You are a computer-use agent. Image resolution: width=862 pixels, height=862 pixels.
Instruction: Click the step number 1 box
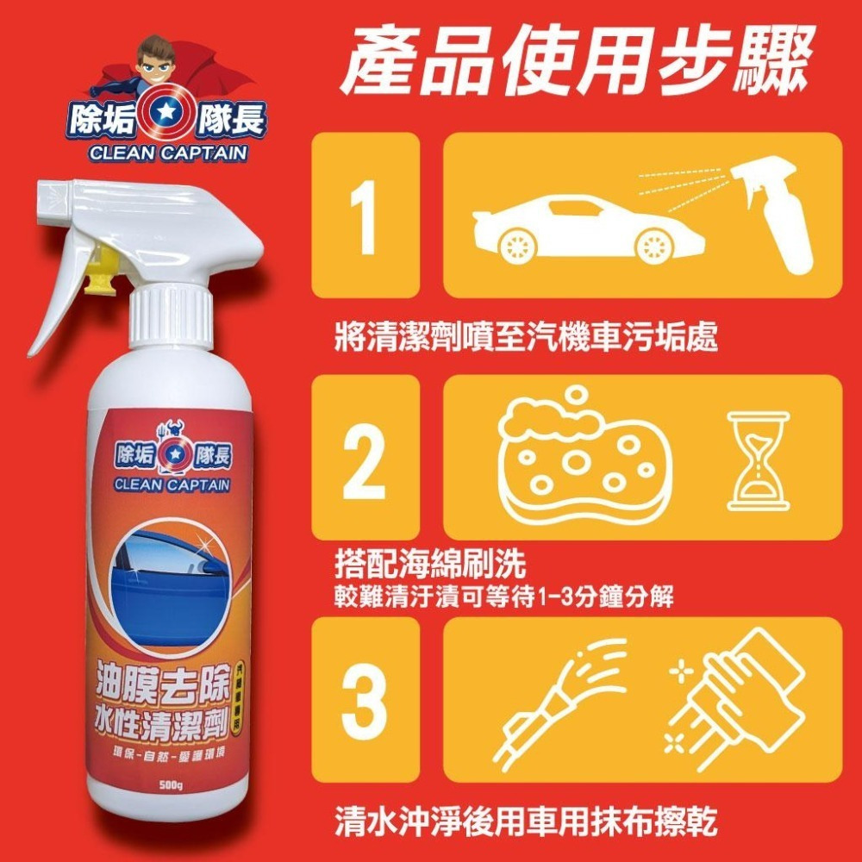click(x=365, y=215)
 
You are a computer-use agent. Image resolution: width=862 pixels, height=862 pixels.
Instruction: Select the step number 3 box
click(x=365, y=699)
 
